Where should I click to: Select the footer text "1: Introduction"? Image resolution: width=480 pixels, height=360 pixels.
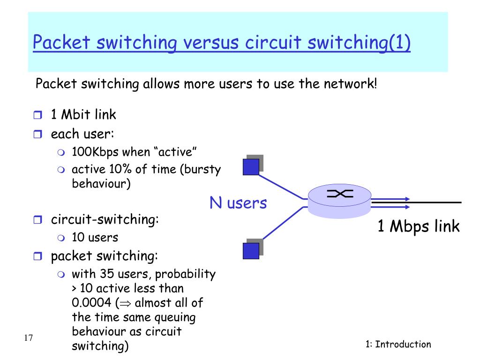398,345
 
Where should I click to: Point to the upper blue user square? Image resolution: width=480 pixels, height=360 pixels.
251,166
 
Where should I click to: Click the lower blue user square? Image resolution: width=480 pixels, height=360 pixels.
251,250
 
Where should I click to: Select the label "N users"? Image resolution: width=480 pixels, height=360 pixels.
238,203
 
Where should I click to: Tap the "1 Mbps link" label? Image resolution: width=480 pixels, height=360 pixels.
419,226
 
